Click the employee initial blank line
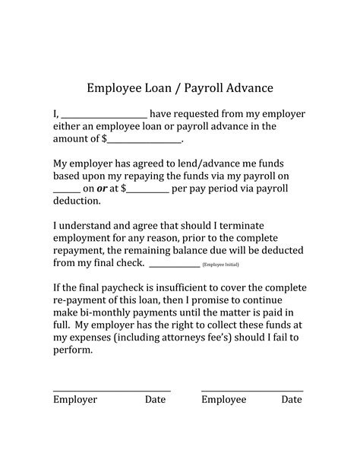click(x=175, y=265)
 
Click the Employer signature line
click(x=112, y=390)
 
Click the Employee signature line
click(x=252, y=390)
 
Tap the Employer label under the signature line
click(x=74, y=399)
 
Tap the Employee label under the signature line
click(x=223, y=399)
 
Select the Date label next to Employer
click(x=155, y=399)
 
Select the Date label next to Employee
click(x=292, y=399)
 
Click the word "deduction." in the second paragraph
click(x=76, y=201)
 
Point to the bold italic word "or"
click(x=103, y=189)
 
